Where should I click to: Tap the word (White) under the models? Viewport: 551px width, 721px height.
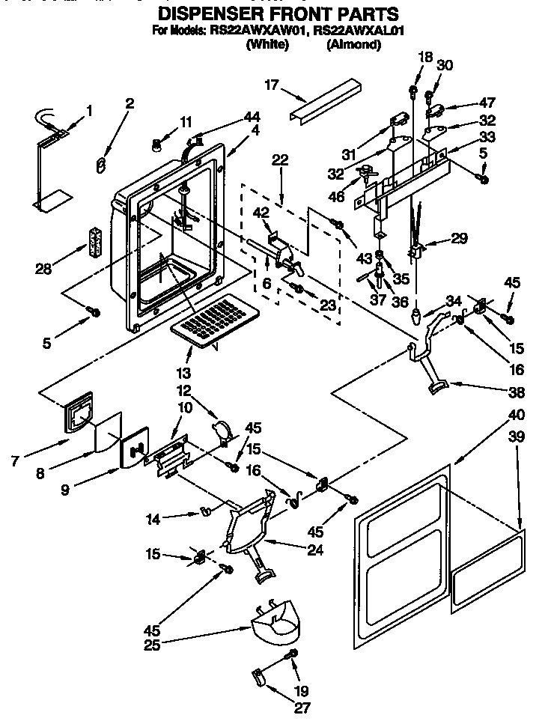(267, 45)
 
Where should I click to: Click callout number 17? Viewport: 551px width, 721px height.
(271, 85)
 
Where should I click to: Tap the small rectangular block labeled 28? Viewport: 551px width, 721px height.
(94, 242)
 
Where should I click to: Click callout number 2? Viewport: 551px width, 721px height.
(130, 103)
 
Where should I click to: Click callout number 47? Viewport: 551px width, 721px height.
(487, 104)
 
